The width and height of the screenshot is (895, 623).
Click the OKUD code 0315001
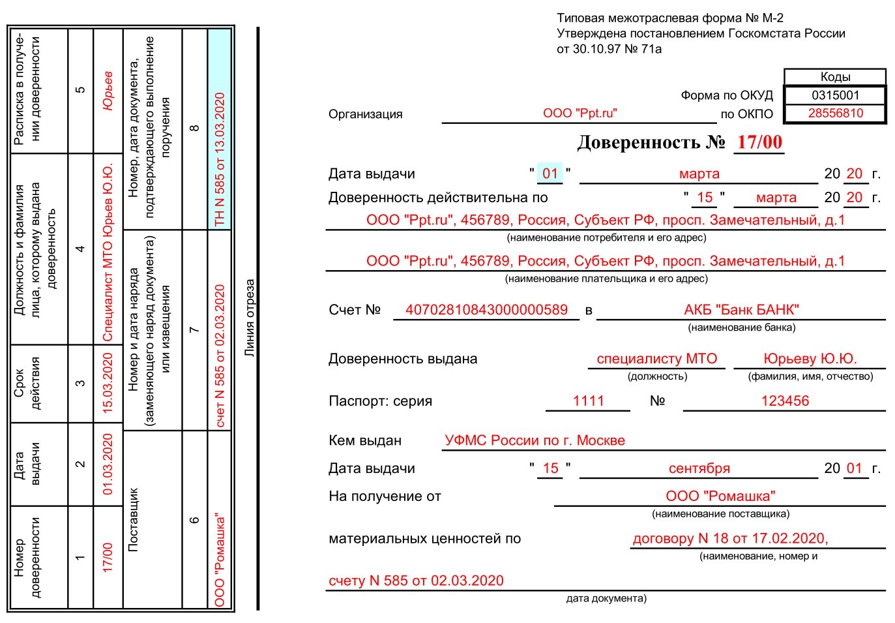coord(835,95)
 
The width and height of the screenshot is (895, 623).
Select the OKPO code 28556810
coord(835,114)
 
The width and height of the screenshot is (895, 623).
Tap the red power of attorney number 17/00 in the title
coord(759,142)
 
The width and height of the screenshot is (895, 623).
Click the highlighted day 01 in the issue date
coord(550,174)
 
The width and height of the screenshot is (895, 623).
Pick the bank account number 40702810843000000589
coord(486,310)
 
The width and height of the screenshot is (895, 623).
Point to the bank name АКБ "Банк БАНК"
coord(741,310)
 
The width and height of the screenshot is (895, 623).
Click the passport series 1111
coord(588,401)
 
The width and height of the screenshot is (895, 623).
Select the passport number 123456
coord(785,401)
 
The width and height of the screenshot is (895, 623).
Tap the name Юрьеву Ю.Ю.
coord(810,359)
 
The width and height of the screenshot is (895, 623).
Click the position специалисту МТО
coord(656,359)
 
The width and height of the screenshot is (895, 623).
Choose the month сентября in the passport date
coord(699,468)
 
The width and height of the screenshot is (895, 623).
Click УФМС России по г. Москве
coord(535,441)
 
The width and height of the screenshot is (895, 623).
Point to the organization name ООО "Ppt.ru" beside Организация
coord(580,114)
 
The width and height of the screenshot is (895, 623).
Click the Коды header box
coord(835,77)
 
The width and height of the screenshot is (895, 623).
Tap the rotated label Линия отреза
coord(250,318)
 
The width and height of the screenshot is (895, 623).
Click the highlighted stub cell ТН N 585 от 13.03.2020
coord(220,160)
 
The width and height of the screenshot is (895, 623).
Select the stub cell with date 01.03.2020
coord(108,464)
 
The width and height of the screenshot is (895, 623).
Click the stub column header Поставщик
coord(134,519)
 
